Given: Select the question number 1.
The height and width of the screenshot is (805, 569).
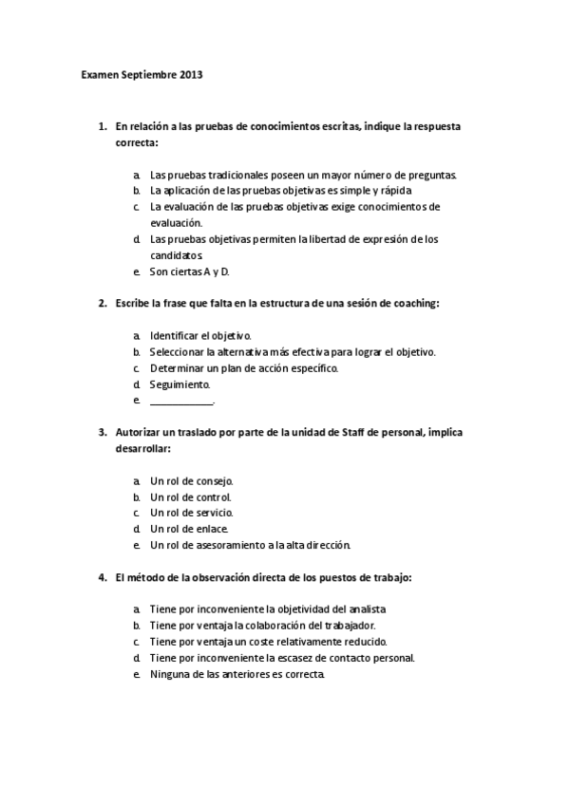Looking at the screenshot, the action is (x=102, y=125).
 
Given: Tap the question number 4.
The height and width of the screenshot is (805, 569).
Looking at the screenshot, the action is (x=102, y=576).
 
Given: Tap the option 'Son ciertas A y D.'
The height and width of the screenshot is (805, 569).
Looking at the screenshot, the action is (x=190, y=271).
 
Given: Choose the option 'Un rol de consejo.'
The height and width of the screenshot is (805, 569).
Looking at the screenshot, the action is (x=191, y=480).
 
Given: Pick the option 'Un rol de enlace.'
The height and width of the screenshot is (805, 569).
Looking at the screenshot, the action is (x=189, y=529).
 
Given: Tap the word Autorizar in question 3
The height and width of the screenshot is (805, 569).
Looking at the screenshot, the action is (x=139, y=432).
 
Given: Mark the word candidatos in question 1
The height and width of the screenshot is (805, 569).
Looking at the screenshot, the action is (x=177, y=255).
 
